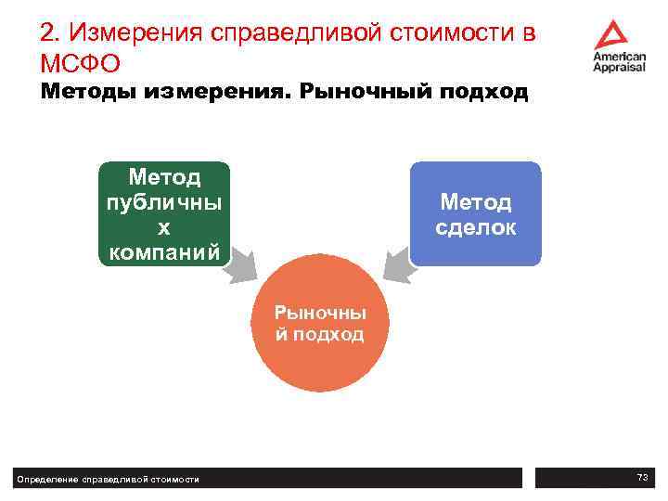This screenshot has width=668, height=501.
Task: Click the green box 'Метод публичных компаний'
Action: coord(165,213)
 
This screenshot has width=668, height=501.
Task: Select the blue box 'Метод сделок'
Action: coord(475,213)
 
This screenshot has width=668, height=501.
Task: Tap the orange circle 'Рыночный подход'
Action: coord(320,323)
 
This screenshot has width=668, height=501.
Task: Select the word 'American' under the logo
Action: coord(620,57)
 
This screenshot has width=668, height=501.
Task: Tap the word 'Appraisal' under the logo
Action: coord(620,68)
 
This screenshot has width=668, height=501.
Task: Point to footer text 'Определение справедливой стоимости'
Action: coord(108,479)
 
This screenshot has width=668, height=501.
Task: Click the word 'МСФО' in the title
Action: coord(80,65)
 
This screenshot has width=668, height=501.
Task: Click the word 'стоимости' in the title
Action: coord(443,34)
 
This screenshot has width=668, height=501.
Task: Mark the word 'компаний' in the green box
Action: coord(165,250)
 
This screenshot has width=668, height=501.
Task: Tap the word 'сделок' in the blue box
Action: coord(475,227)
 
